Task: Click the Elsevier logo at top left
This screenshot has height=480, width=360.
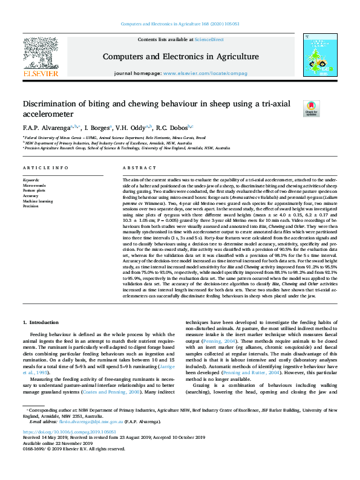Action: pyautogui.click(x=41, y=57)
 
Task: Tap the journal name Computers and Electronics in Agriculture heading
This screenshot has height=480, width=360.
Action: pyautogui.click(x=180, y=56)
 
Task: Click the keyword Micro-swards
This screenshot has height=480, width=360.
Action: pyautogui.click(x=35, y=186)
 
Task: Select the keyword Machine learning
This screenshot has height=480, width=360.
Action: pyautogui.click(x=38, y=201)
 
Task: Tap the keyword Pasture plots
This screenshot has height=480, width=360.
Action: pyautogui.click(x=34, y=190)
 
